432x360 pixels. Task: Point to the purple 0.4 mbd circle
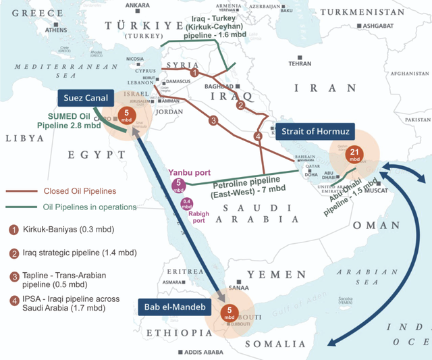point(187,202)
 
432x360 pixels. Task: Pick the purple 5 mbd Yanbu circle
point(178,184)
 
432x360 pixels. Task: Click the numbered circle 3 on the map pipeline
point(213,121)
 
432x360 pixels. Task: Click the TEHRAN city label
point(300,63)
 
